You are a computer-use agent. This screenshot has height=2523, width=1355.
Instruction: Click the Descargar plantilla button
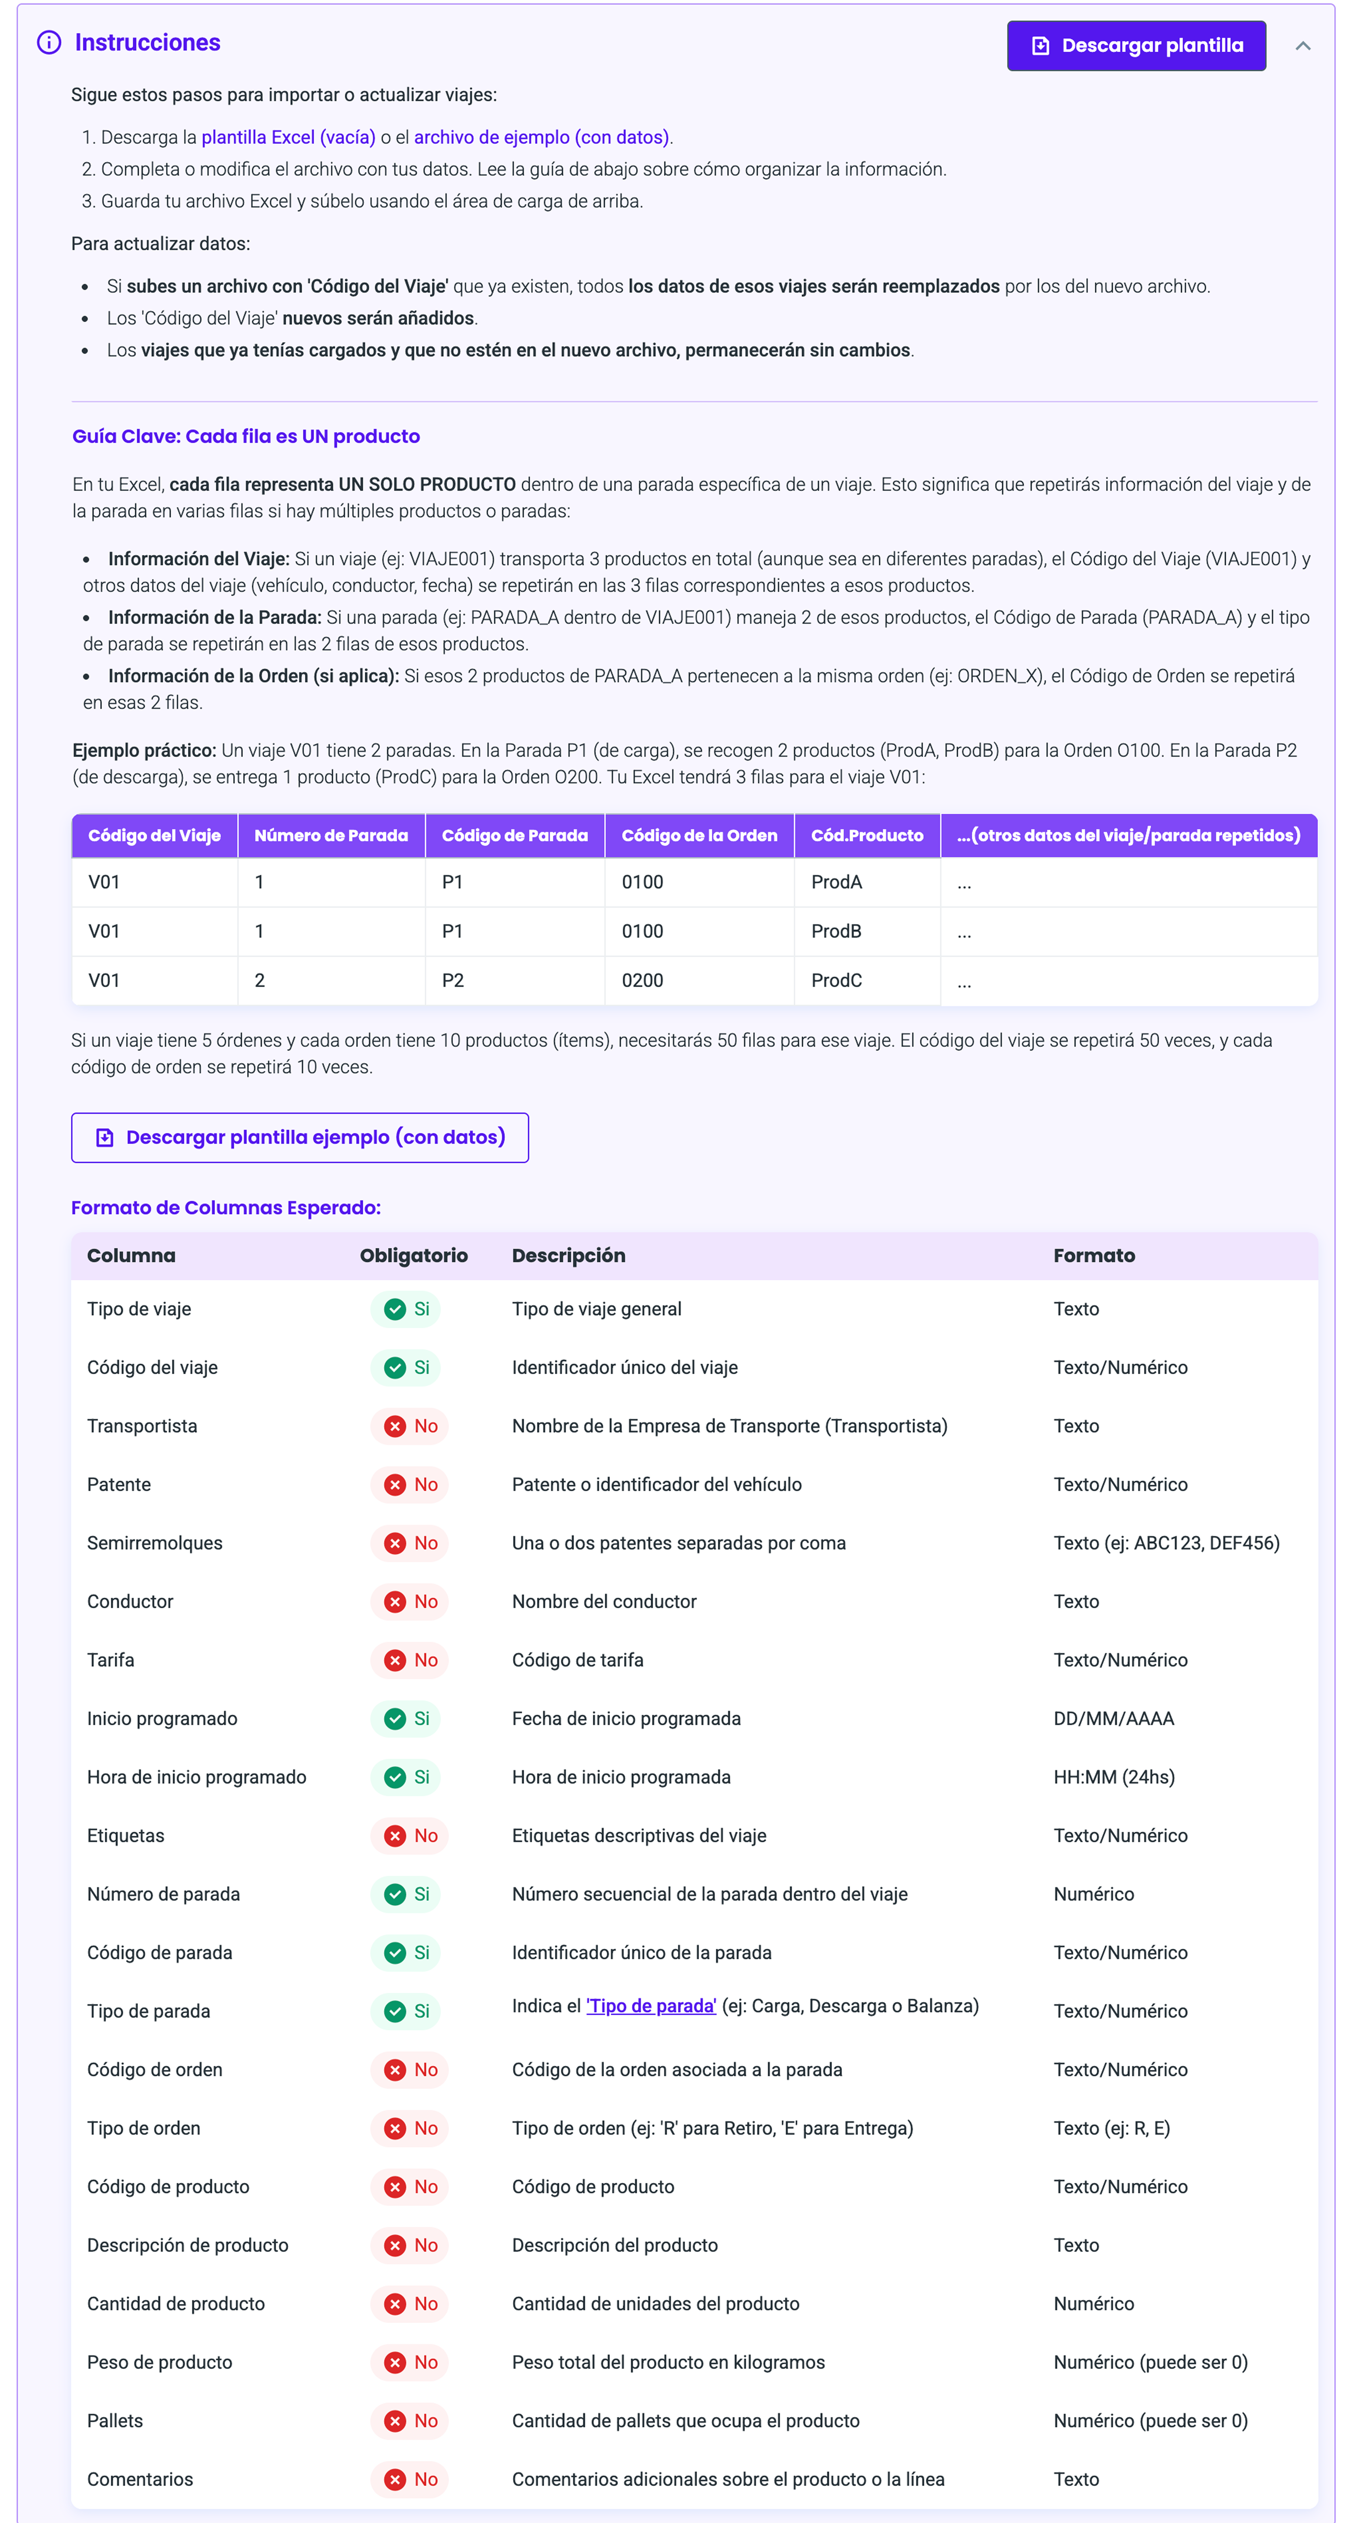tap(1136, 46)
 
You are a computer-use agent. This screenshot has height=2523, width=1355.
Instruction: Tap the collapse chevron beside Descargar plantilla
tap(1302, 46)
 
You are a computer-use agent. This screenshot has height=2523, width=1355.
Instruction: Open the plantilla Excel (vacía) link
tap(289, 137)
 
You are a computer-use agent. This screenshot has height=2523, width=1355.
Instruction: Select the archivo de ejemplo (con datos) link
tap(542, 137)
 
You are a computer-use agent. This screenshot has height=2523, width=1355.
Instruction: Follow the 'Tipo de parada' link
tap(651, 2006)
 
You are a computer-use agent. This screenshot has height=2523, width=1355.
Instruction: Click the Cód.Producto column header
tap(866, 836)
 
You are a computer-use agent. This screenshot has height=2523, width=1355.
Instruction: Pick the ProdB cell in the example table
tap(836, 931)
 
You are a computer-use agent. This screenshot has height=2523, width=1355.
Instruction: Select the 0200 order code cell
tap(642, 981)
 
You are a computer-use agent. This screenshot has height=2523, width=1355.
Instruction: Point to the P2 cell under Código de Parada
tap(452, 981)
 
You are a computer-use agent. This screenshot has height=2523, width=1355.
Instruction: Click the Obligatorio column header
tap(413, 1256)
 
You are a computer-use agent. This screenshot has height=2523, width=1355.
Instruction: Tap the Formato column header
tap(1094, 1256)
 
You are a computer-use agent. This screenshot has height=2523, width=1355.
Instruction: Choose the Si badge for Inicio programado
tap(406, 1719)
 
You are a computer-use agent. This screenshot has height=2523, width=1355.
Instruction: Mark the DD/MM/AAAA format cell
tap(1113, 1719)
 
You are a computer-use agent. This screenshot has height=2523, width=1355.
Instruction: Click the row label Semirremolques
tap(155, 1543)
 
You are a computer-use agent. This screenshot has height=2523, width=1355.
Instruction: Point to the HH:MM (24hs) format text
tap(1113, 1778)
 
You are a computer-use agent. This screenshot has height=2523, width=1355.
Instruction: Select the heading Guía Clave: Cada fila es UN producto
tap(246, 437)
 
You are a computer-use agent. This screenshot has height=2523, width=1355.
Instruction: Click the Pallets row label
tap(115, 2421)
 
